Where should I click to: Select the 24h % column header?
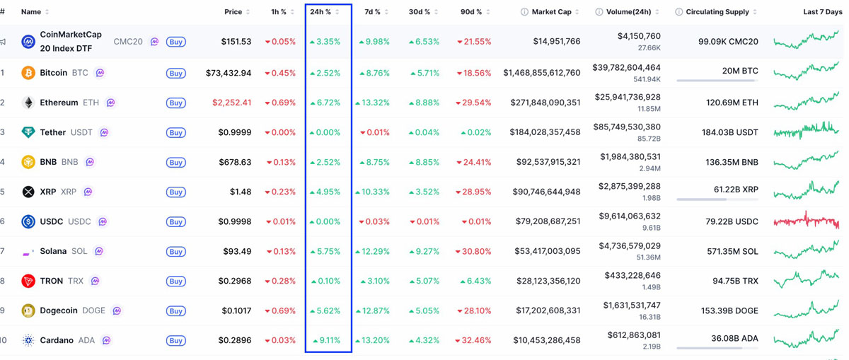point(320,12)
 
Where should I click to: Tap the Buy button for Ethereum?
point(176,103)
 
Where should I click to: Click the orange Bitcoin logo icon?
point(28,73)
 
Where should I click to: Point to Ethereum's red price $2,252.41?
point(231,103)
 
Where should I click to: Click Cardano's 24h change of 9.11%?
point(328,340)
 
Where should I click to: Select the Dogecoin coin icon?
point(28,310)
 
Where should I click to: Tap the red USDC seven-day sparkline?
point(807,221)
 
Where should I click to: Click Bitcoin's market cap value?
point(542,73)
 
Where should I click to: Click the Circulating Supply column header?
point(717,12)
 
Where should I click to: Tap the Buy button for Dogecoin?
point(176,311)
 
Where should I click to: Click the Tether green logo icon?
point(28,132)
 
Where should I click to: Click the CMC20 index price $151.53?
point(236,42)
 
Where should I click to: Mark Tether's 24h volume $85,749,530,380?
point(629,127)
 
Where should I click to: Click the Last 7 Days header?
point(823,12)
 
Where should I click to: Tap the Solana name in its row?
point(53,251)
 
